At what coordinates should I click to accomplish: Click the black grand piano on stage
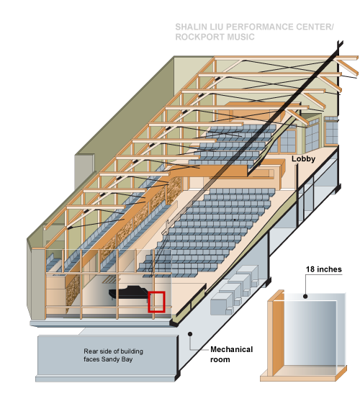pyautogui.click(x=128, y=293)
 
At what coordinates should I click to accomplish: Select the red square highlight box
pyautogui.click(x=157, y=302)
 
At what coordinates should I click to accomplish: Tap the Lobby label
pyautogui.click(x=303, y=159)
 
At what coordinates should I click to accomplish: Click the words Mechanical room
pyautogui.click(x=231, y=354)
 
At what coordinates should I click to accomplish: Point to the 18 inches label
pyautogui.click(x=323, y=269)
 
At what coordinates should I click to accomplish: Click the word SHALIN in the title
pyautogui.click(x=191, y=27)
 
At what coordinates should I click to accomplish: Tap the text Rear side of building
pyautogui.click(x=114, y=351)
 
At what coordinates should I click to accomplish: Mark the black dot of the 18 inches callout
pyautogui.click(x=305, y=296)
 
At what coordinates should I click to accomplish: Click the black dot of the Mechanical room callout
pyautogui.click(x=190, y=334)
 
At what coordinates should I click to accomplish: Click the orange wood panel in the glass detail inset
pyautogui.click(x=276, y=335)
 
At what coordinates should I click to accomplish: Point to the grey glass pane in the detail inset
pyautogui.click(x=315, y=331)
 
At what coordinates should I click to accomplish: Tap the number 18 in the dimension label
pyautogui.click(x=310, y=269)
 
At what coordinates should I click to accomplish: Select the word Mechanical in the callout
pyautogui.click(x=231, y=349)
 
